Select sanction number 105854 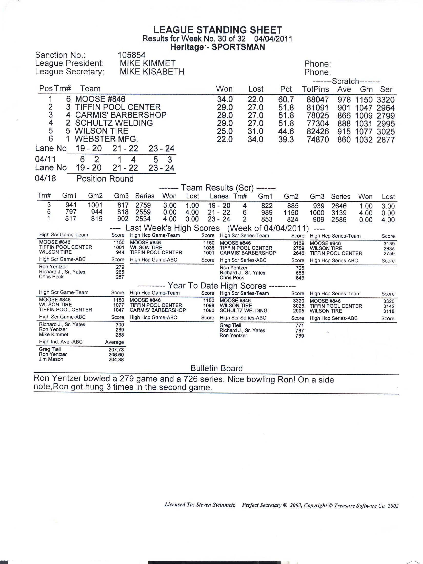pyautogui.click(x=131, y=55)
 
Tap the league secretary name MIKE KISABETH pyautogui.click(x=152, y=72)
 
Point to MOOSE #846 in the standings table pyautogui.click(x=100, y=99)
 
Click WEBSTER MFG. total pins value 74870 pyautogui.click(x=318, y=140)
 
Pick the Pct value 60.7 pyautogui.click(x=286, y=99)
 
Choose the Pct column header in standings pyautogui.click(x=286, y=89)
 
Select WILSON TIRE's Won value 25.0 pyautogui.click(x=225, y=131)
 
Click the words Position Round pyautogui.click(x=105, y=179)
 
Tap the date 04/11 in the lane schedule pyautogui.click(x=45, y=159)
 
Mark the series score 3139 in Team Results pyautogui.click(x=339, y=213)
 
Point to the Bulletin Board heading pyautogui.click(x=216, y=368)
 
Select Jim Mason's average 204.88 pyautogui.click(x=116, y=359)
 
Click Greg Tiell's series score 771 pyautogui.click(x=299, y=326)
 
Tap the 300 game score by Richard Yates pyautogui.click(x=119, y=325)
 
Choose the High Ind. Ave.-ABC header pyautogui.click(x=61, y=342)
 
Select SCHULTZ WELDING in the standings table pyautogui.click(x=114, y=123)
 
